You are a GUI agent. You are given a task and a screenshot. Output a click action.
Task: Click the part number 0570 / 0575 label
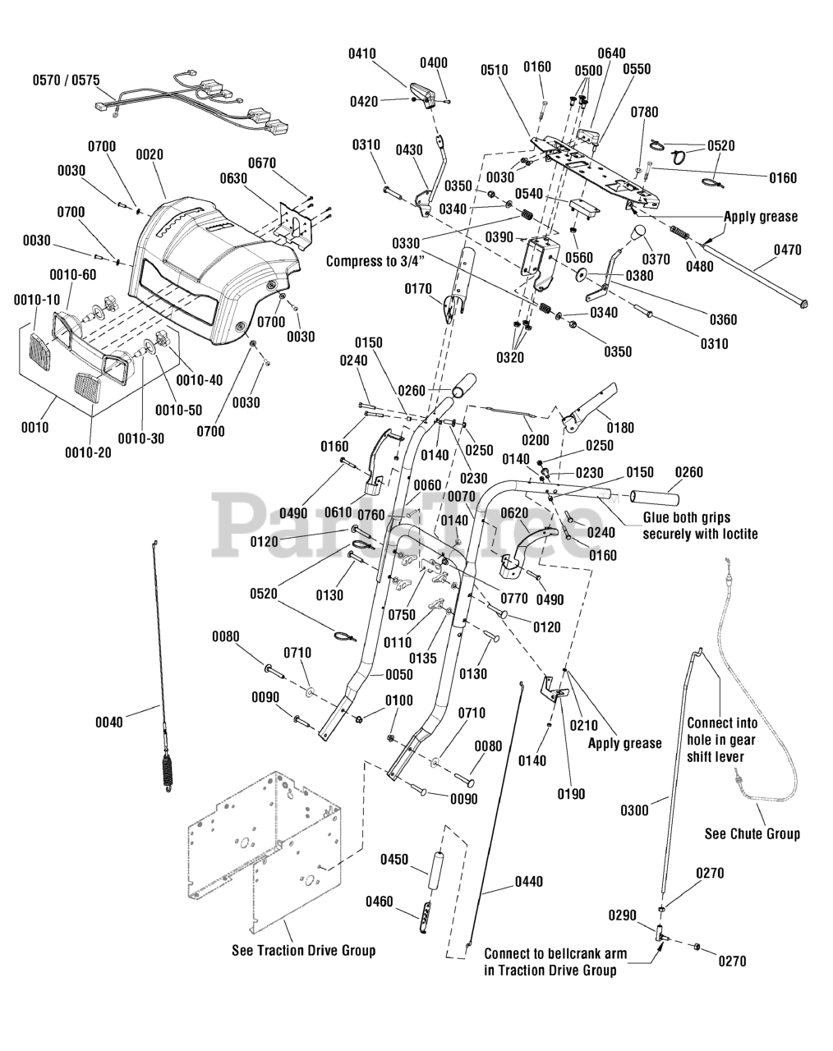(66, 80)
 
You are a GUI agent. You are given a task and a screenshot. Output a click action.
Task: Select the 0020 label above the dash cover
(150, 155)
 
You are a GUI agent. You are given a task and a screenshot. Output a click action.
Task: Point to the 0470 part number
(788, 250)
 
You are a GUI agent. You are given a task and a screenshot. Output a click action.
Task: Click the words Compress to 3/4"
(375, 261)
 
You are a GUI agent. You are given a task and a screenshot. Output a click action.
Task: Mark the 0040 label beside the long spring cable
(109, 723)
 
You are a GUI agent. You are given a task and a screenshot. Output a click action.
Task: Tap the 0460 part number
(380, 902)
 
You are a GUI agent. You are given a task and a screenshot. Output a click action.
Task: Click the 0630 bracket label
(233, 179)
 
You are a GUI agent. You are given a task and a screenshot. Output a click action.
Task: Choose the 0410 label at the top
(362, 53)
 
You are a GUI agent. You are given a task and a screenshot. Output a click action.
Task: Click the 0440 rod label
(529, 882)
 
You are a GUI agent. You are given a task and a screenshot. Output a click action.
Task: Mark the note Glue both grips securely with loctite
(700, 526)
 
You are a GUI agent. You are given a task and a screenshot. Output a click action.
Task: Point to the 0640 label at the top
(612, 53)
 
